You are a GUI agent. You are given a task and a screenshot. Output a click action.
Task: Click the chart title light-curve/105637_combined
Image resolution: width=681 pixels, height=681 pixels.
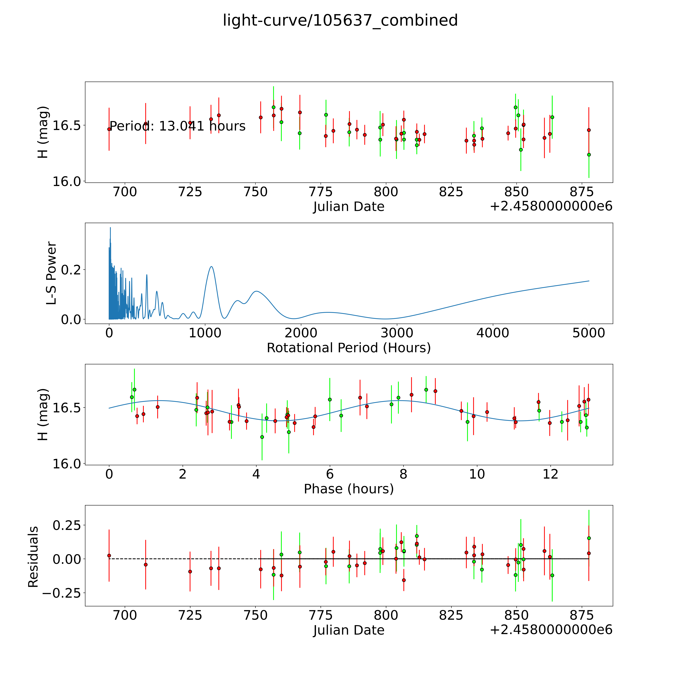coord(340,20)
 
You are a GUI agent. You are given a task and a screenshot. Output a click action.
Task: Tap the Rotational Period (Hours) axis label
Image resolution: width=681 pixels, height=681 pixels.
coord(349,348)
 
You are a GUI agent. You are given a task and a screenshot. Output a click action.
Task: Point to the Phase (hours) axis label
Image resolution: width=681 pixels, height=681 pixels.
coord(349,489)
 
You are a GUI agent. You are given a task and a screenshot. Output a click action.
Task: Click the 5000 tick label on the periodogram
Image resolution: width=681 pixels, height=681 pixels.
coord(589,333)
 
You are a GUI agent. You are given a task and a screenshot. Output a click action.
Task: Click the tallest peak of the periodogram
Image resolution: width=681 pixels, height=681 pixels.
coord(110,228)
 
